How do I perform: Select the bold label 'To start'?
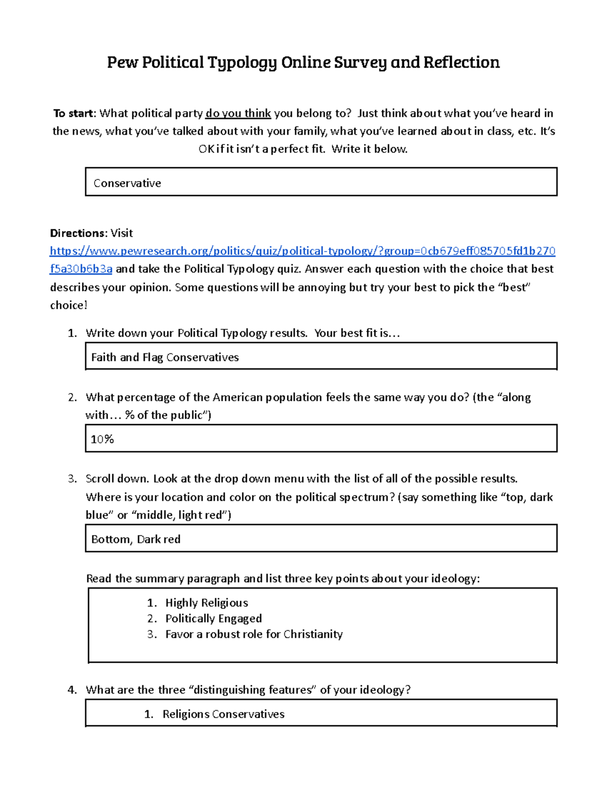[73, 113]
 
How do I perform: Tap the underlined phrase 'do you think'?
[238, 113]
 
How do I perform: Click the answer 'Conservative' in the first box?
[127, 183]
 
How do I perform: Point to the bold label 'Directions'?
[77, 233]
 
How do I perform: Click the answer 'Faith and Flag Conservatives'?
[165, 357]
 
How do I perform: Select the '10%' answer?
[102, 439]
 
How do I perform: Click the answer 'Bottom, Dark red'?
[136, 539]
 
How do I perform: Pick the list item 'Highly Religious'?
[206, 603]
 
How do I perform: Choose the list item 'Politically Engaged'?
[213, 618]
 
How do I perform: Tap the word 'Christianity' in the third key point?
[313, 634]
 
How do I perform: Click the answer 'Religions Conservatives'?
[223, 714]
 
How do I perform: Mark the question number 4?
[72, 690]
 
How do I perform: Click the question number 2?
[72, 397]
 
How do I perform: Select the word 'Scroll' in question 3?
[101, 479]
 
